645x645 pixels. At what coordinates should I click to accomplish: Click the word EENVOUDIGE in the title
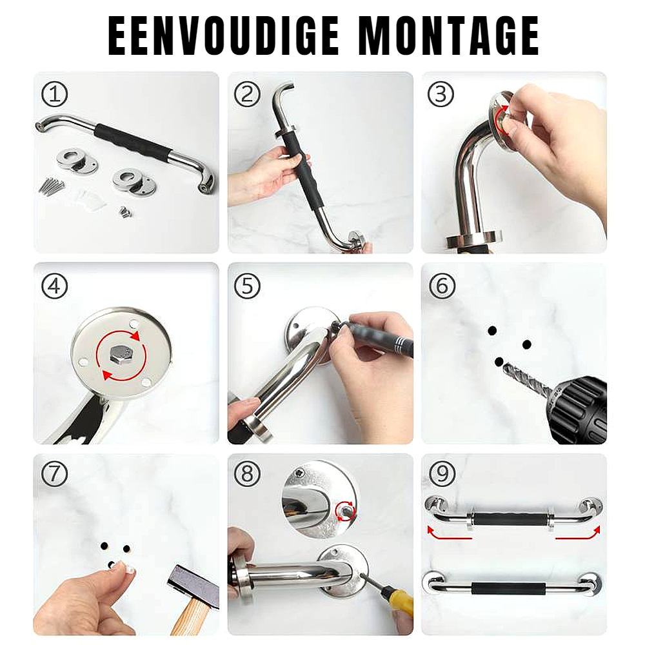[223, 35]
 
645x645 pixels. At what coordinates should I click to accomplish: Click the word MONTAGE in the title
[449, 35]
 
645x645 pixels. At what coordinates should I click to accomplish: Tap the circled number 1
[55, 94]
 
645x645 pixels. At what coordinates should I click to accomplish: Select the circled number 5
[247, 286]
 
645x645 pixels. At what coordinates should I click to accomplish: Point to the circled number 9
[442, 473]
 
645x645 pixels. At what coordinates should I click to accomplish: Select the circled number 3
[441, 94]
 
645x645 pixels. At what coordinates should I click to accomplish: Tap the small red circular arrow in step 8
[345, 510]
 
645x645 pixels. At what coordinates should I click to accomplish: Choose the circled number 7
[55, 473]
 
